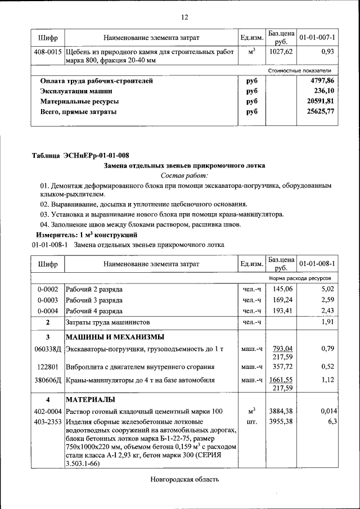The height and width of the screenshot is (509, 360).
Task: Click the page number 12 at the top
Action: (x=184, y=17)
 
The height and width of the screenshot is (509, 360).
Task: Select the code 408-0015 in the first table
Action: (x=48, y=52)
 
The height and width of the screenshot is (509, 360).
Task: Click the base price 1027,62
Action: (x=282, y=52)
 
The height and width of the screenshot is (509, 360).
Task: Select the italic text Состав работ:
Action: (x=184, y=175)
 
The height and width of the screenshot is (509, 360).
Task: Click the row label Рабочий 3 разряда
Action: (x=94, y=300)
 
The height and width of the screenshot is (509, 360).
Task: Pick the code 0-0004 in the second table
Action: (x=48, y=311)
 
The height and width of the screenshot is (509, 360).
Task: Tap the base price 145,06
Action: (x=282, y=289)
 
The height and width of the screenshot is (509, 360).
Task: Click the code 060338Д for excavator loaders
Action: (x=48, y=349)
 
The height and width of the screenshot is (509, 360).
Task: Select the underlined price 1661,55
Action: (x=282, y=380)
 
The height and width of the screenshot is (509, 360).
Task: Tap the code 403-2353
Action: (x=48, y=421)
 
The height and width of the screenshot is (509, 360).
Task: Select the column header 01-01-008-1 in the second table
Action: (x=317, y=263)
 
